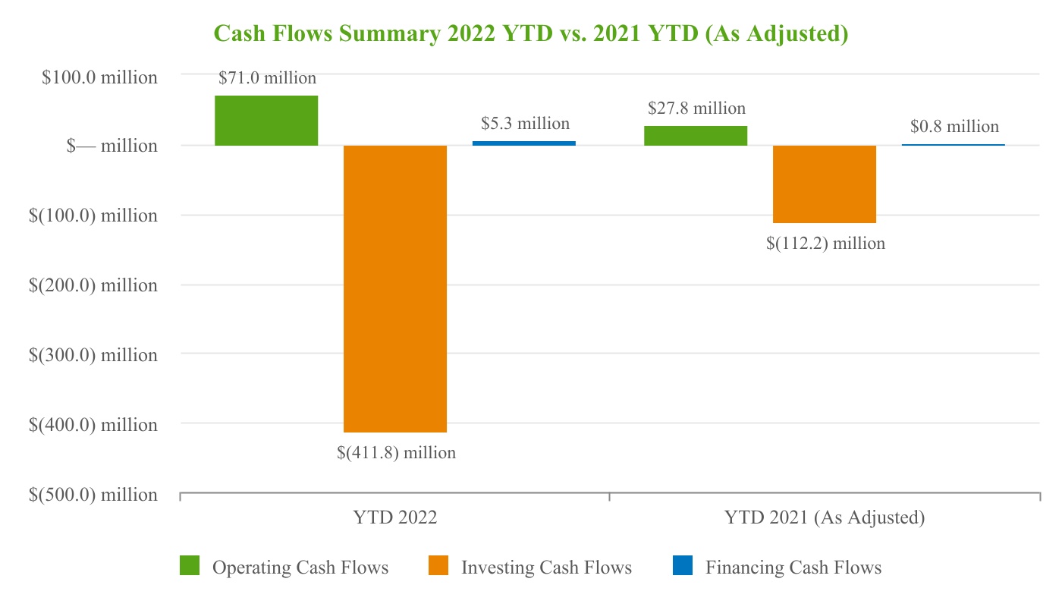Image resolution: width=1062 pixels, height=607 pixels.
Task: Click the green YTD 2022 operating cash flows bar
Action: [266, 120]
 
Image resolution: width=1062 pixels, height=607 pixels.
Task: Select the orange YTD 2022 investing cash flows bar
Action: [395, 288]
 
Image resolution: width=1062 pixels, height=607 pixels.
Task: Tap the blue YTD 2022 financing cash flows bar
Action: [523, 143]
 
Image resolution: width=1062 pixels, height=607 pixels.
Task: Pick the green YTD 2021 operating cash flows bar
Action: [696, 135]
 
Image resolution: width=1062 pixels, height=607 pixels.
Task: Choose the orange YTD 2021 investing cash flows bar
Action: [825, 184]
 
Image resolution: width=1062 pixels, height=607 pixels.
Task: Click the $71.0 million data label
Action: [267, 77]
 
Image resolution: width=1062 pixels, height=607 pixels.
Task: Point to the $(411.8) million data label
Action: [396, 453]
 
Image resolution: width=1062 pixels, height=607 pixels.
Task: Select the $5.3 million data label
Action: [525, 123]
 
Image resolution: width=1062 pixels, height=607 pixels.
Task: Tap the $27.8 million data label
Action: [696, 108]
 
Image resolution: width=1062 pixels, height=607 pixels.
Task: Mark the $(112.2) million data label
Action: [825, 244]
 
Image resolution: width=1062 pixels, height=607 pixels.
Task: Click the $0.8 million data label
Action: [954, 126]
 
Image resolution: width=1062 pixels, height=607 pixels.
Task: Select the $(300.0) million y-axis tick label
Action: [93, 355]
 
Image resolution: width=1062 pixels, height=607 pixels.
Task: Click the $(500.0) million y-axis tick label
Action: [93, 495]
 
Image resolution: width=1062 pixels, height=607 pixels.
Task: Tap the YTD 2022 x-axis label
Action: [395, 518]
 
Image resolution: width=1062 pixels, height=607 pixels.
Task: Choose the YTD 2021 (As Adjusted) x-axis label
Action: [825, 518]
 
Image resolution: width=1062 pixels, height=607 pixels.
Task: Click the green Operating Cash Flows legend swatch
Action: [190, 566]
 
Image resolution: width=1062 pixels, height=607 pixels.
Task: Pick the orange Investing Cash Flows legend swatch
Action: [438, 566]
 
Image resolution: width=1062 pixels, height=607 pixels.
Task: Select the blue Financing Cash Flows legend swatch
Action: [683, 566]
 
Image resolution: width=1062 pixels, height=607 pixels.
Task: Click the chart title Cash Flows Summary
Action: [530, 33]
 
